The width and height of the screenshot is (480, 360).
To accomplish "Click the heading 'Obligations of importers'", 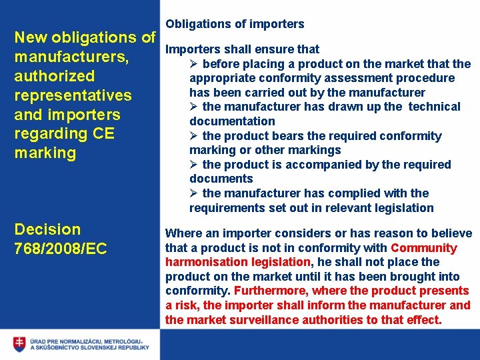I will (235, 24).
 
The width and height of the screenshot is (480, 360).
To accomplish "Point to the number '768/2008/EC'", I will (61, 249).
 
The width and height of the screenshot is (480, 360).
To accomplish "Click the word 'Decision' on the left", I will (47, 229).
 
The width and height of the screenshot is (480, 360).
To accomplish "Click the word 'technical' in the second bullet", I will (434, 107).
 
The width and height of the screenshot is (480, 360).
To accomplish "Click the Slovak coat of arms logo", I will (19, 344).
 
